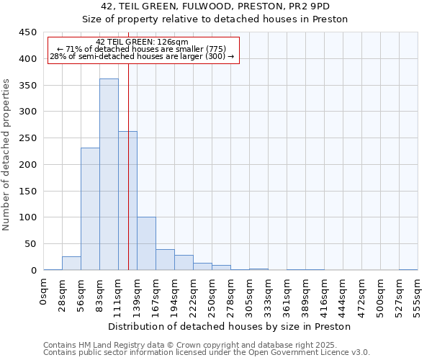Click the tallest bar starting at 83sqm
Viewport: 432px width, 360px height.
[109, 175]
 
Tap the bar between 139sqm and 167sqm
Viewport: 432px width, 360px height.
[146, 243]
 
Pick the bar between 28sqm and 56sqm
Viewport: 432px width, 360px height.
[71, 264]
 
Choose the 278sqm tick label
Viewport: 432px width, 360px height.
[231, 296]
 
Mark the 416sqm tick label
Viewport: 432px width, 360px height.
[324, 296]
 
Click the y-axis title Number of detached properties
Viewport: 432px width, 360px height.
[7, 155]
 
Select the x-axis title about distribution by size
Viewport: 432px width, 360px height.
[230, 326]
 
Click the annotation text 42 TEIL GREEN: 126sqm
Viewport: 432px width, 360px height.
[142, 42]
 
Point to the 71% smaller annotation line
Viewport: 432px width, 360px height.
[142, 49]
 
